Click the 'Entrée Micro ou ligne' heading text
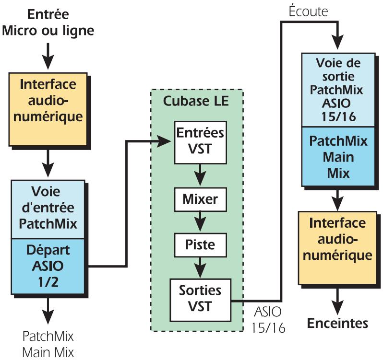coord(48,23)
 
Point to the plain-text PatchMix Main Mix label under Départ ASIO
coord(48,343)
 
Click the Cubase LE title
coord(196,102)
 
